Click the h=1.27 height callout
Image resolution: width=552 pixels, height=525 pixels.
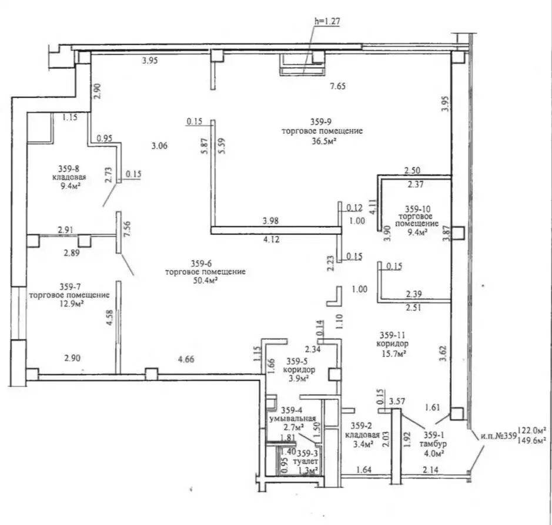click(327, 22)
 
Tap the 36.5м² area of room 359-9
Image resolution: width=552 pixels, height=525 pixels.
click(322, 141)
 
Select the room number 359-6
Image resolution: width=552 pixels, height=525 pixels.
click(201, 263)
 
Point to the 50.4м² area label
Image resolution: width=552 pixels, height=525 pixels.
click(205, 281)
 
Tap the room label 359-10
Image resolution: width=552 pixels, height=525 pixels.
click(417, 209)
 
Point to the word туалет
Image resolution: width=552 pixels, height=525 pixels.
click(305, 461)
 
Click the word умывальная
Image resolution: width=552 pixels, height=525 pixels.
click(293, 419)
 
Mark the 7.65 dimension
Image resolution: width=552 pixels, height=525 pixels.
click(337, 86)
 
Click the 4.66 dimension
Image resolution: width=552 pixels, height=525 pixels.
click(186, 359)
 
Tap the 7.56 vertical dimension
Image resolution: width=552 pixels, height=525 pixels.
click(128, 228)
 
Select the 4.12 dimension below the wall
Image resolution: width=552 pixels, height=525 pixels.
click(271, 240)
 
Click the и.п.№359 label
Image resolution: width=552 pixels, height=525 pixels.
click(498, 436)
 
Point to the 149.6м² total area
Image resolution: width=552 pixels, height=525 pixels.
click(532, 440)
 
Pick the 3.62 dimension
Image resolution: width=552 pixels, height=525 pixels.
click(444, 354)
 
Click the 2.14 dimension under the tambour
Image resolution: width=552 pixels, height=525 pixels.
click(430, 469)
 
